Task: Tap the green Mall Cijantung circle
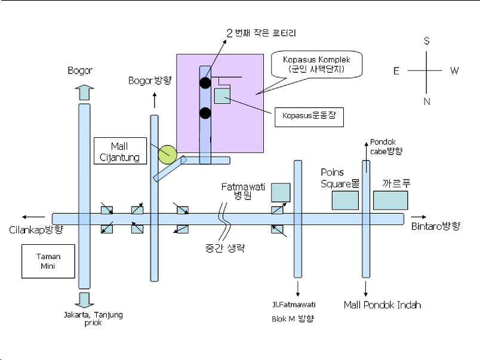[167, 154]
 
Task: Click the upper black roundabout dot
[205, 82]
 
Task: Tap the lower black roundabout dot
[205, 113]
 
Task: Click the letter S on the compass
[426, 41]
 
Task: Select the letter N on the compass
[426, 101]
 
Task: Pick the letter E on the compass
[396, 71]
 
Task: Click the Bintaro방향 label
[436, 226]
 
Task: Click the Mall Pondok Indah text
[382, 304]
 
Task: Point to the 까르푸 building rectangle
[390, 200]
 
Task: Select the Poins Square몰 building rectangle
[346, 200]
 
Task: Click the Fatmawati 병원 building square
[280, 193]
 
